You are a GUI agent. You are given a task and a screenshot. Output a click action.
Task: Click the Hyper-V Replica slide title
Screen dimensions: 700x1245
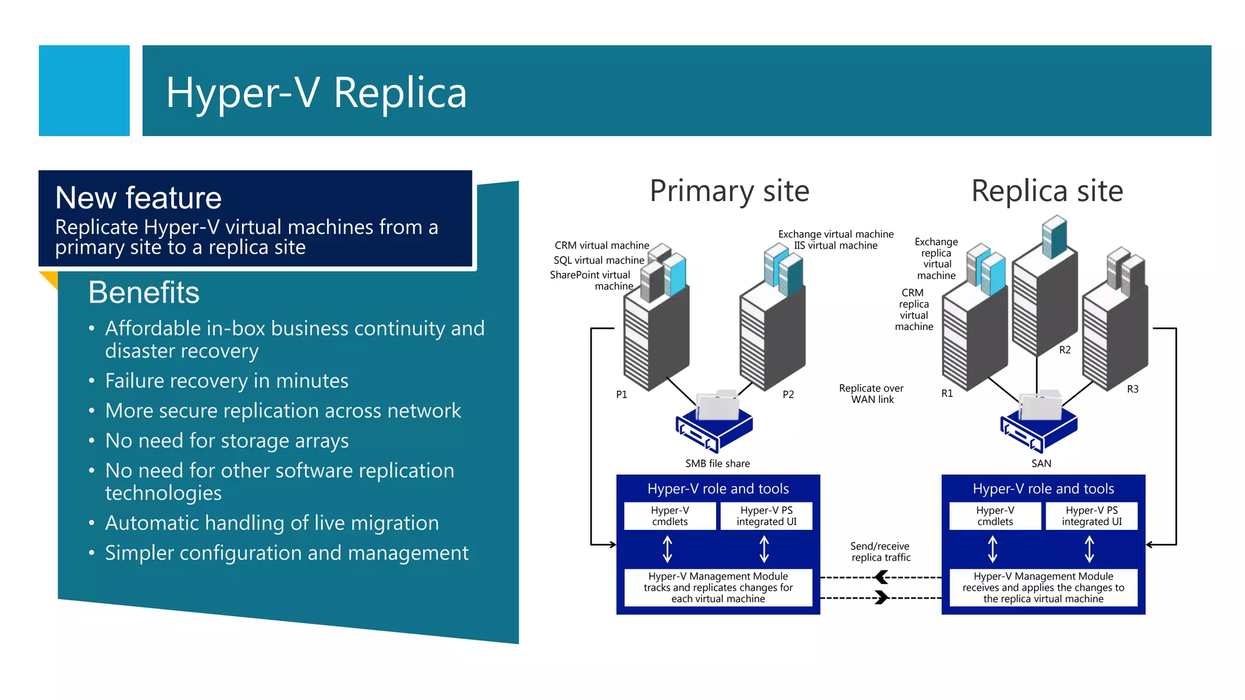316,92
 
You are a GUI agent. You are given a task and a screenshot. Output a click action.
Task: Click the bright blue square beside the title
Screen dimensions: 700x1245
84,91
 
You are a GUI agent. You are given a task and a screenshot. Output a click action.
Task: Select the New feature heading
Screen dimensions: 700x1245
138,197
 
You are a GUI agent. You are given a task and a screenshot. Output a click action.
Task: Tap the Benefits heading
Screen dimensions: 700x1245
143,292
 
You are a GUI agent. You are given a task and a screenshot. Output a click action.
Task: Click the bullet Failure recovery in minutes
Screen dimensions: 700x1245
226,381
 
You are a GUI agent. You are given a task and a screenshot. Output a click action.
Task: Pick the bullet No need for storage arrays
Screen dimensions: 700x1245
226,441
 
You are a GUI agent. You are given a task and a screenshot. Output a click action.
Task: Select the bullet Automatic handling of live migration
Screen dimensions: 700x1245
271,523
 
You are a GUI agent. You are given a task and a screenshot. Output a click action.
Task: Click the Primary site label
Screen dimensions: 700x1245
729,191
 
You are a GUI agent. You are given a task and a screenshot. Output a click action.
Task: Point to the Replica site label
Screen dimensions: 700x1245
1047,191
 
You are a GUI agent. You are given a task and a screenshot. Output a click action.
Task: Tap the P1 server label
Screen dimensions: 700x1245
621,394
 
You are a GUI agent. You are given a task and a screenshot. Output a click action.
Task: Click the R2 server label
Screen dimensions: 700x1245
1064,350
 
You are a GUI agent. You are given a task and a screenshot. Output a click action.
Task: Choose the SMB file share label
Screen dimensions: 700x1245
717,464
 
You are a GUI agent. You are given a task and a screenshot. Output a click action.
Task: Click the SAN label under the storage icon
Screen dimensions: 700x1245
1041,464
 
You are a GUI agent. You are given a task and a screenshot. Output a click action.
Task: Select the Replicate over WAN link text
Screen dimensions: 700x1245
871,394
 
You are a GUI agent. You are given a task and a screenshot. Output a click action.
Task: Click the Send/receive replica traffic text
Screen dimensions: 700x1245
880,552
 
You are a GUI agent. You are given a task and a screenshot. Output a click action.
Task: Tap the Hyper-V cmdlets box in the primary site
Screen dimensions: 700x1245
670,516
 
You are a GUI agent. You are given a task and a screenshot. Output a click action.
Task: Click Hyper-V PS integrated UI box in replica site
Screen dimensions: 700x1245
1091,516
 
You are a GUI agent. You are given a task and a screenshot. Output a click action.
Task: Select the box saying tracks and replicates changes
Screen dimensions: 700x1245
718,587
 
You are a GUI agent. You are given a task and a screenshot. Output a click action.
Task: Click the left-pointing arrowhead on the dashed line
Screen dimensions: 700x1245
881,577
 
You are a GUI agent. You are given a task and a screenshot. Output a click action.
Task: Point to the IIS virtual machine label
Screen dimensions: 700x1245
835,245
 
